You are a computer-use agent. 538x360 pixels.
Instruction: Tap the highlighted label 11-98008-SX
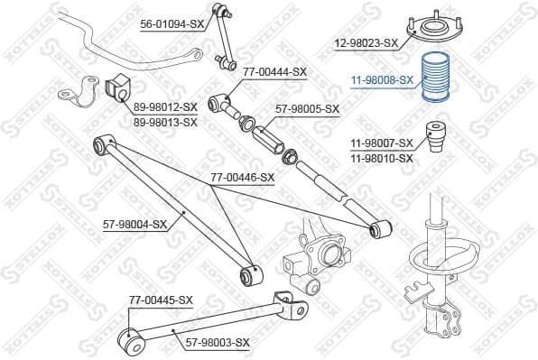point(382,80)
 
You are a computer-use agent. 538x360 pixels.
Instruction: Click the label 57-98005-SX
point(308,109)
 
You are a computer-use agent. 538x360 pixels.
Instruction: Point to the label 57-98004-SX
point(134,224)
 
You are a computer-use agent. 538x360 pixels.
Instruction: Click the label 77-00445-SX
point(161,300)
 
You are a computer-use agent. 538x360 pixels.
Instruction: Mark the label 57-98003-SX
point(218,344)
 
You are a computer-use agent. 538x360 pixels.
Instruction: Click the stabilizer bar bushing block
point(116,88)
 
